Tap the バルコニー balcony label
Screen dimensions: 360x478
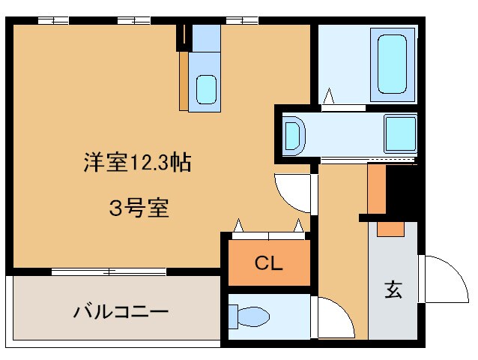[121, 310]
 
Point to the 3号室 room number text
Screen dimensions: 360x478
[139, 208]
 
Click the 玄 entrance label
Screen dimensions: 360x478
[393, 289]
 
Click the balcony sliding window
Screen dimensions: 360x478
[109, 271]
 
